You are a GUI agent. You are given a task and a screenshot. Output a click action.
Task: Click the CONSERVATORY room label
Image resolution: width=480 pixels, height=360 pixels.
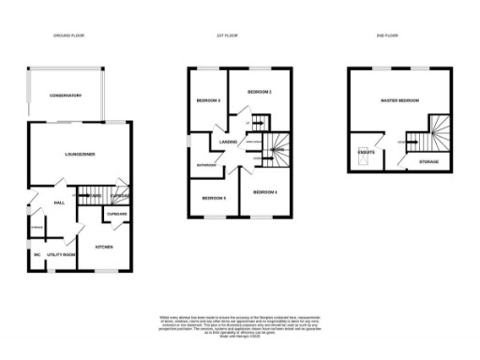[x=67, y=95]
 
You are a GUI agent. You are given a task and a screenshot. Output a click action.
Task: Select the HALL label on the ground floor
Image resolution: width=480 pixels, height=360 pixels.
[x=59, y=202]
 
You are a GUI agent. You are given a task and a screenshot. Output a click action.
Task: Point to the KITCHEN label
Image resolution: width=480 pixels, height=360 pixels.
[x=104, y=247]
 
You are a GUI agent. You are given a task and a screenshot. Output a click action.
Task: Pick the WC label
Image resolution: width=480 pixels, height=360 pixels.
[x=36, y=254]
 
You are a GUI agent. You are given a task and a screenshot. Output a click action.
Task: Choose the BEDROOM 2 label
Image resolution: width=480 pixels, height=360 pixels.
[x=259, y=92]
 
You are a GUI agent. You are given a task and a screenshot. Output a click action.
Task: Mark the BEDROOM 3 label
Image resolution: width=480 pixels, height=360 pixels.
[x=208, y=100]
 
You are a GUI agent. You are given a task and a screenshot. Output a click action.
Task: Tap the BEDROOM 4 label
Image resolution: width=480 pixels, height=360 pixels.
[x=264, y=192]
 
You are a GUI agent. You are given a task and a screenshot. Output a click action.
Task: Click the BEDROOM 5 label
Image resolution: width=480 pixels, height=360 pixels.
[x=215, y=199]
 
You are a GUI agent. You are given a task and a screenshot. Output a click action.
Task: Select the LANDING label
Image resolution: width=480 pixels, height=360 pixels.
[x=228, y=142]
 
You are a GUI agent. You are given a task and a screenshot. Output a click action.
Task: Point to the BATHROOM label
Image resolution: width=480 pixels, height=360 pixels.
[x=207, y=165]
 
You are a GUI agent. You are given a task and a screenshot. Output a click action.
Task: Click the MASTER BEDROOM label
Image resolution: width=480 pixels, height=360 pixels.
[x=399, y=100]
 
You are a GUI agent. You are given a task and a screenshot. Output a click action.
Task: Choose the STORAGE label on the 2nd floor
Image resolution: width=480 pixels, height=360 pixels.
[x=428, y=161]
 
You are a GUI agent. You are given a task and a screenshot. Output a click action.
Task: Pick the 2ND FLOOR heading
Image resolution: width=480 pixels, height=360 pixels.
[x=387, y=36]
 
